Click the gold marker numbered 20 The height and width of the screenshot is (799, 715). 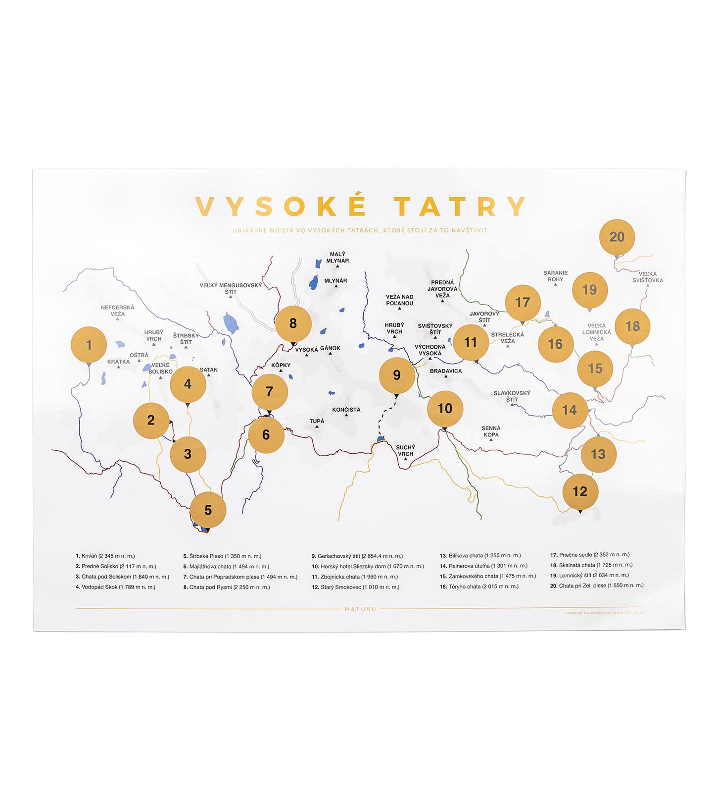(617, 237)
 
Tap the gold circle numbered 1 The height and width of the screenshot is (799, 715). (89, 345)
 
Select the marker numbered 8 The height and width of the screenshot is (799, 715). (293, 323)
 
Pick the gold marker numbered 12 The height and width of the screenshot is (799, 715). (580, 491)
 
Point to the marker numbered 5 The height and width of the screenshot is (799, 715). (208, 510)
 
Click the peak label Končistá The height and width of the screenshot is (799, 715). (346, 410)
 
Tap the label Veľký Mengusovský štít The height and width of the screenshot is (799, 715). (231, 288)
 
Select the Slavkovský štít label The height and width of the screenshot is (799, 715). (512, 396)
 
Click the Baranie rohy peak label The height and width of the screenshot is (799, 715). (555, 276)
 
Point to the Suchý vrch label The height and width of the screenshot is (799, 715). (405, 450)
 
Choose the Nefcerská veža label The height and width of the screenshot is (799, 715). (117, 310)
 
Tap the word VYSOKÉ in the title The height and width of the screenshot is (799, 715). (281, 206)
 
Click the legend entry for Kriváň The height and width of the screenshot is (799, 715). (105, 556)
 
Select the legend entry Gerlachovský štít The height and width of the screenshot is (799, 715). (357, 556)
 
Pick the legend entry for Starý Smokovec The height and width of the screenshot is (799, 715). (355, 587)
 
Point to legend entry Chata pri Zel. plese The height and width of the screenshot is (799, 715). (597, 586)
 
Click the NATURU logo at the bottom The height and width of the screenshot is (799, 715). (360, 609)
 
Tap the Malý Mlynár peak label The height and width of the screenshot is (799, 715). (337, 258)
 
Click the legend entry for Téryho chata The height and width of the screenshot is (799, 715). (479, 586)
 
